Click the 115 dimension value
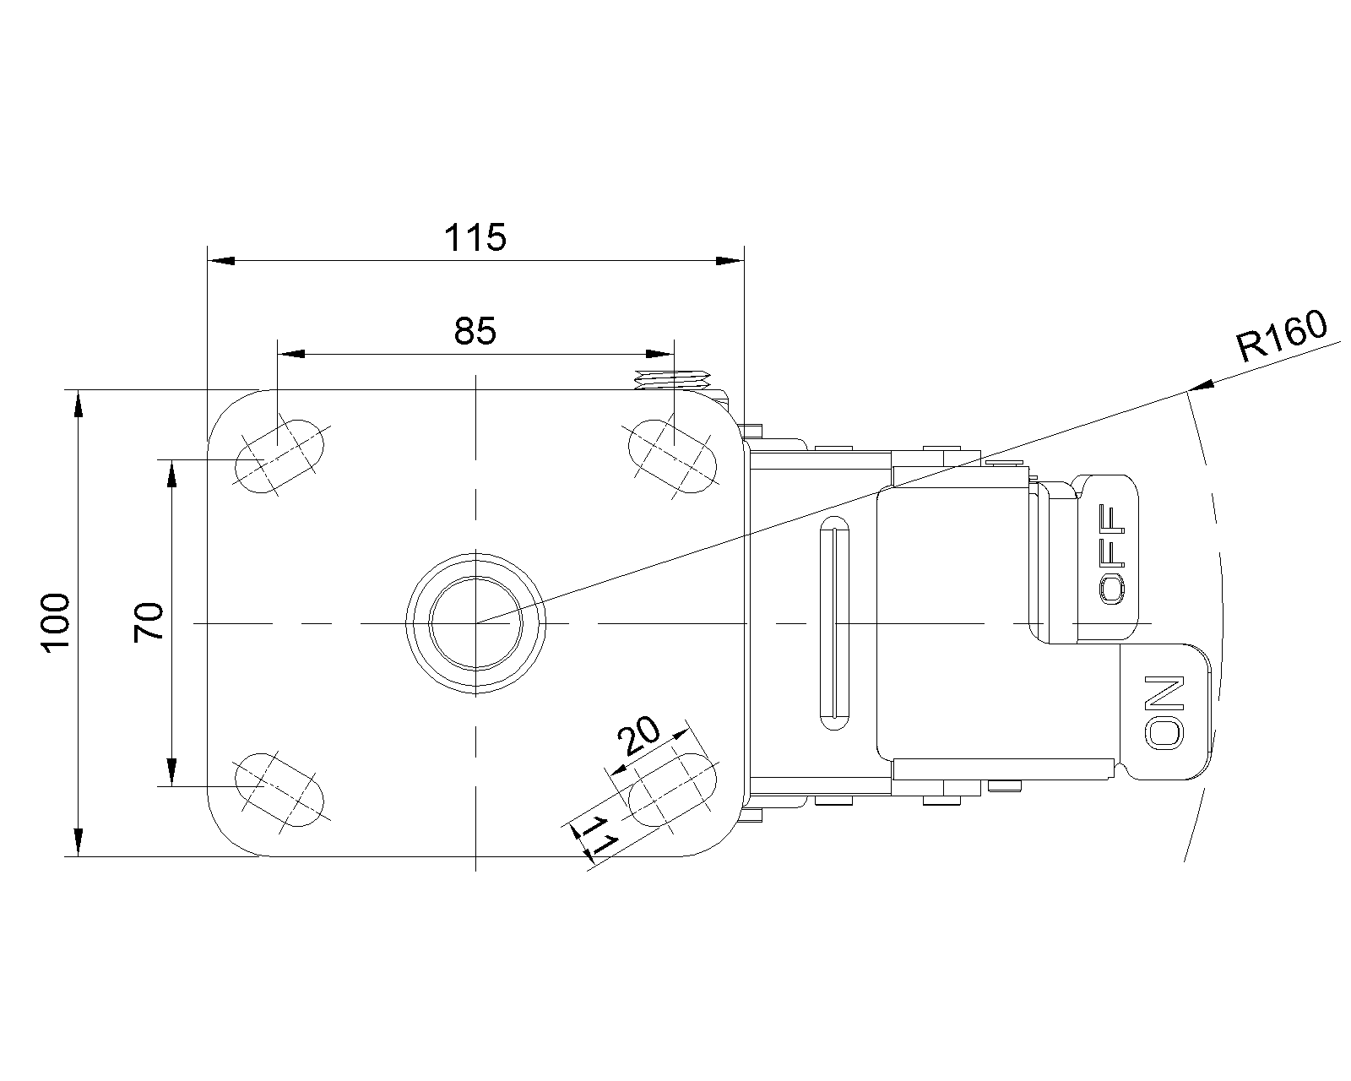tap(475, 237)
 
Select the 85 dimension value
tap(475, 331)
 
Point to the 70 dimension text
tap(148, 622)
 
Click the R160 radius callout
tap(1281, 337)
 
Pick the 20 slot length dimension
tap(639, 735)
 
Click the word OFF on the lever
tap(1112, 554)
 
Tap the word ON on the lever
tap(1165, 712)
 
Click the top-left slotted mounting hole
tap(279, 456)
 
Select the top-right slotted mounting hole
tap(672, 456)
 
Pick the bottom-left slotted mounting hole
tap(279, 790)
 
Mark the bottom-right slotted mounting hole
tap(672, 790)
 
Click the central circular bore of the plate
tap(476, 623)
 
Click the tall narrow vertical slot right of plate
tap(834, 623)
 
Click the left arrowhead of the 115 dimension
tap(221, 260)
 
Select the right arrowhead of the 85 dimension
tap(660, 354)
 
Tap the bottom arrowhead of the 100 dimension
tap(78, 842)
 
